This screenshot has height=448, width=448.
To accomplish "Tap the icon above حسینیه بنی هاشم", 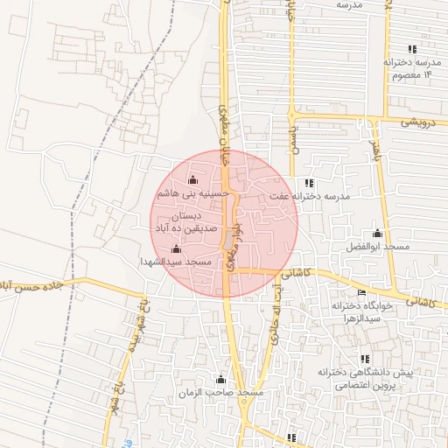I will (192, 180).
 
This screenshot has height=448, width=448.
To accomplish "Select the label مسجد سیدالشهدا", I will (177, 262).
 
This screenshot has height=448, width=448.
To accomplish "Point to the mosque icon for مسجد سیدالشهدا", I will (176, 248).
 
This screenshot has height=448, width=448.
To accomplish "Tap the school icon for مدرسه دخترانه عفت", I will (309, 182).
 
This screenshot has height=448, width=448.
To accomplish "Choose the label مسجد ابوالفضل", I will (377, 247).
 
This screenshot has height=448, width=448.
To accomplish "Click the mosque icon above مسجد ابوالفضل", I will (377, 233).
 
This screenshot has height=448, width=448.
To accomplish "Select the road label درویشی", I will (417, 122).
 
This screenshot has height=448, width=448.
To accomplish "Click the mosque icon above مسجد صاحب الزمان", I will (220, 379).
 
